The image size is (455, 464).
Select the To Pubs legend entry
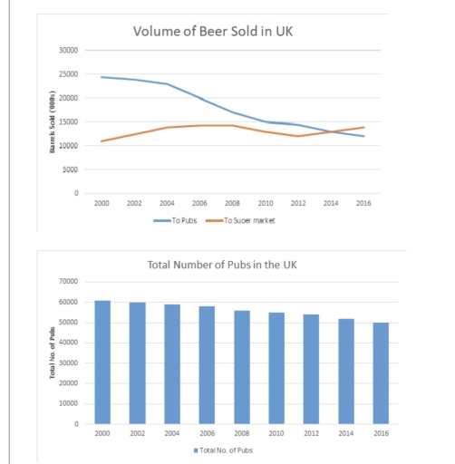click(x=169, y=220)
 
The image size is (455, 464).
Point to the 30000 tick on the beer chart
click(x=69, y=50)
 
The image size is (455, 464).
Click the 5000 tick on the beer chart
click(x=71, y=169)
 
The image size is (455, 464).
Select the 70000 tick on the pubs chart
click(x=69, y=282)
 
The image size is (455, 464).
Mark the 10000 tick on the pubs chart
click(x=69, y=403)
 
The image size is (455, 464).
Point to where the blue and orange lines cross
click(x=332, y=132)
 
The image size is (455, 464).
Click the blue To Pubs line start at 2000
click(x=102, y=77)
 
